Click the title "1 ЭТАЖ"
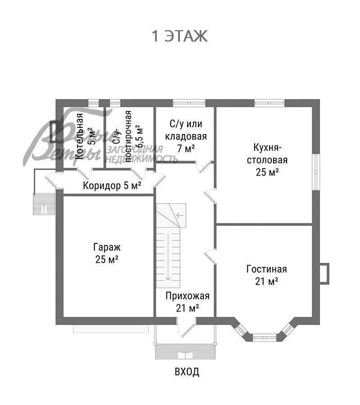click(180, 36)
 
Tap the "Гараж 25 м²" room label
click(107, 253)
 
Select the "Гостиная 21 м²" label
click(266, 275)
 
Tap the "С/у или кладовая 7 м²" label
click(185, 135)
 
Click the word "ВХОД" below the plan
click(186, 372)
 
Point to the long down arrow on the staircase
click(168, 256)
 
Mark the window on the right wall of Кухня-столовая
click(316, 171)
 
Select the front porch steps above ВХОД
click(185, 351)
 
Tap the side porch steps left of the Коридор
click(44, 204)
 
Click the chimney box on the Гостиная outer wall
click(324, 273)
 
